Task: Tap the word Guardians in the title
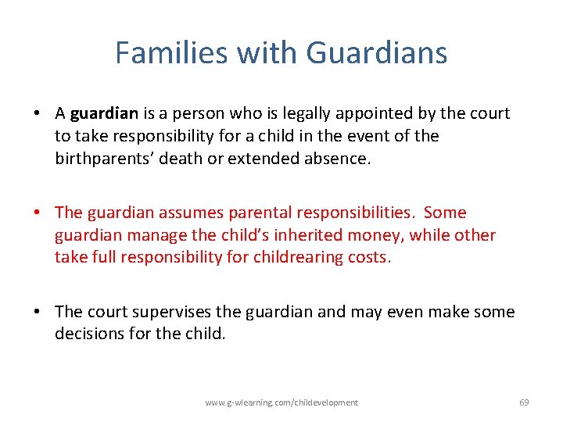377,53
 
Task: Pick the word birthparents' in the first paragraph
105,158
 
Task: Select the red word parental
255,213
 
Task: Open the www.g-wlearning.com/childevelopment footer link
281,402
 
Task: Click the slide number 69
524,402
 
